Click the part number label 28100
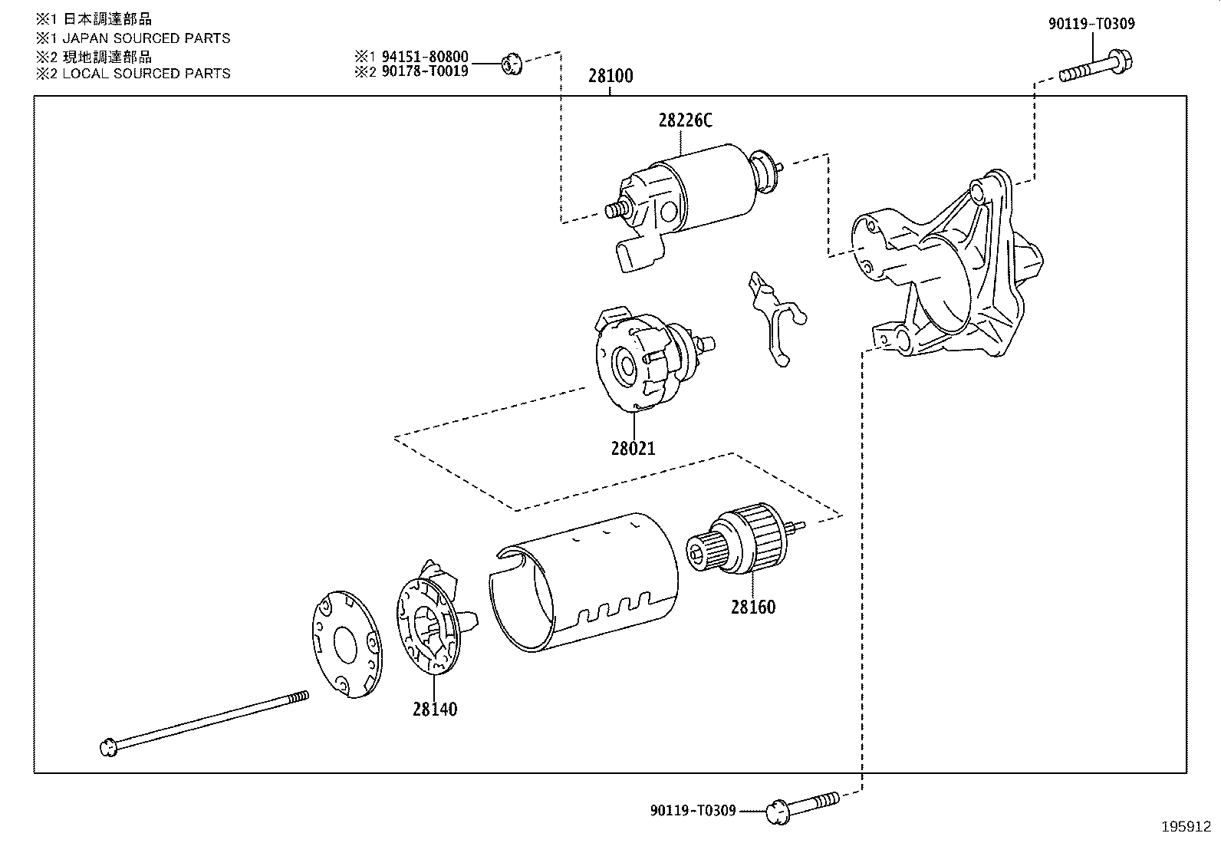610,76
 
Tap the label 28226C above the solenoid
685,120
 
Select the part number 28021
633,448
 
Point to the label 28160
752,607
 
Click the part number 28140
434,709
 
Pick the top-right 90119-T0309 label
1091,24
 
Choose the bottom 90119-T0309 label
693,810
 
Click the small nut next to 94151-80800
512,64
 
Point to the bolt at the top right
1097,67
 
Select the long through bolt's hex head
109,746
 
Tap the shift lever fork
773,314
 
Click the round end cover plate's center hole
344,644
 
